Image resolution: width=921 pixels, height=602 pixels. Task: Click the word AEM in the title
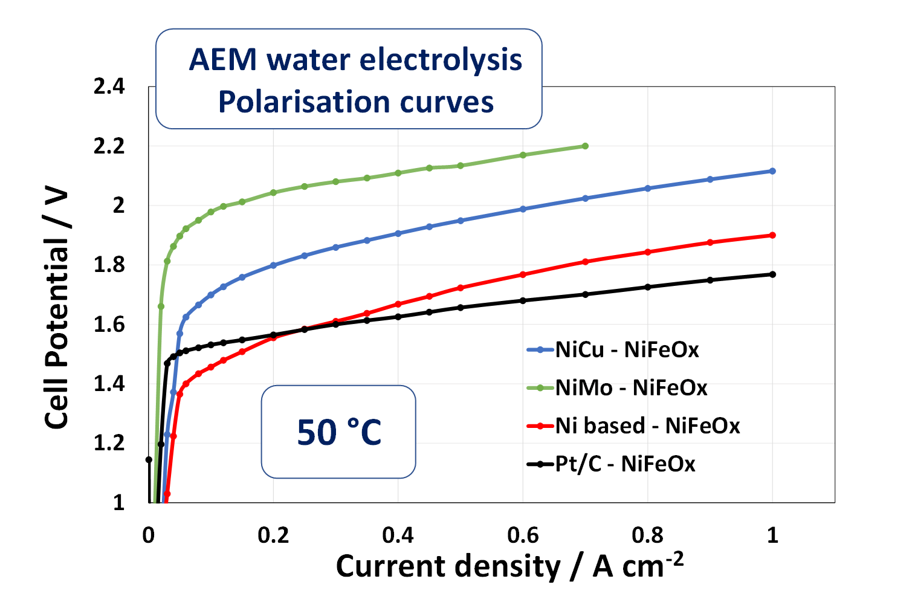223,60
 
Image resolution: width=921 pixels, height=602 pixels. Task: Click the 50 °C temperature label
339,432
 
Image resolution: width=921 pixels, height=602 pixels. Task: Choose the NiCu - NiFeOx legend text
627,349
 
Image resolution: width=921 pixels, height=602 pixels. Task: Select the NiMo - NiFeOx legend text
631,387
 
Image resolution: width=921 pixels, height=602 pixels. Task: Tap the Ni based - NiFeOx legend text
647,426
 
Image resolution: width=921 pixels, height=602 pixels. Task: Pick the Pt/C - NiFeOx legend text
625,464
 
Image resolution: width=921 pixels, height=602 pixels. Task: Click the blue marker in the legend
540,349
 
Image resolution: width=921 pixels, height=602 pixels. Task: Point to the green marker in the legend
540,387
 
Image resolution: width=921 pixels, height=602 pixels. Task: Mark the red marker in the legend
540,426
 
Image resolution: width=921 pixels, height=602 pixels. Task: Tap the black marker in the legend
540,464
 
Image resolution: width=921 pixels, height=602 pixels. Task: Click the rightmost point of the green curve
585,146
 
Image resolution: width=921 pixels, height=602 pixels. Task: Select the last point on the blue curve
772,171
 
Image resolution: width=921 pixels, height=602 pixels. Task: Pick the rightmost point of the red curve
772,235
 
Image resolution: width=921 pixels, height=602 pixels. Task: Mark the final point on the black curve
772,274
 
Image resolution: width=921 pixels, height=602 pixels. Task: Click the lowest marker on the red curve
167,494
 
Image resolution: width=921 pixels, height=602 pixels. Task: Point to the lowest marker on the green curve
161,306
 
